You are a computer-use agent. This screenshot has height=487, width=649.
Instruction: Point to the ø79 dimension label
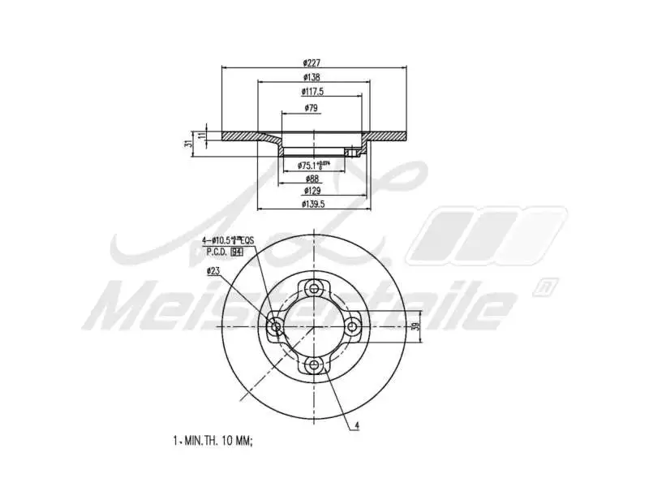[x=311, y=108]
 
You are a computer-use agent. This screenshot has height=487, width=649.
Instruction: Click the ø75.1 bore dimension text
[x=313, y=165]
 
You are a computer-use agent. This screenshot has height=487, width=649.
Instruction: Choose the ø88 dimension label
[x=312, y=179]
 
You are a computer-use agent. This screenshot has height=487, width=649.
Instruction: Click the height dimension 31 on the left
[x=188, y=143]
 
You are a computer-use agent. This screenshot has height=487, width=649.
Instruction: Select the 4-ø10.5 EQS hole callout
[x=228, y=241]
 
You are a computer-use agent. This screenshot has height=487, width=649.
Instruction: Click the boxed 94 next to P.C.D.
[x=237, y=252]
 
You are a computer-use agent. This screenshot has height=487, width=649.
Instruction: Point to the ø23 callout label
[x=214, y=270]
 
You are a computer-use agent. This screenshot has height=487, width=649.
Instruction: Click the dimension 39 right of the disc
[x=415, y=327]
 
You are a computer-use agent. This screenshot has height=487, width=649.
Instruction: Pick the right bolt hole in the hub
[x=353, y=327]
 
